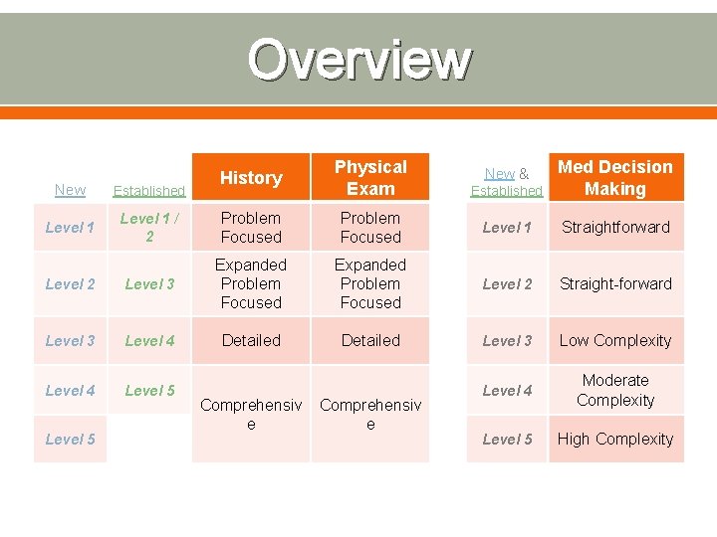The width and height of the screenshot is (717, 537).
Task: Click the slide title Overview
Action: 358,59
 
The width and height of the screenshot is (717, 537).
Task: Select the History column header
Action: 251,178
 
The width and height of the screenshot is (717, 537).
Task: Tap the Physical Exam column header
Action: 370,178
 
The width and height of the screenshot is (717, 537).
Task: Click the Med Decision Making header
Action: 615,178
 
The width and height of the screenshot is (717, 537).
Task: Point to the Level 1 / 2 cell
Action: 149,228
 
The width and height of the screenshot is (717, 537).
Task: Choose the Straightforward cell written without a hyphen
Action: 615,228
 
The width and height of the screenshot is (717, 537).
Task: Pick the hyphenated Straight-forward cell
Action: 615,284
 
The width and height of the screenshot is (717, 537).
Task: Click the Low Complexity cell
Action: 615,341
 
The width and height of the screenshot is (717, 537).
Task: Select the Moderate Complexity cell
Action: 615,391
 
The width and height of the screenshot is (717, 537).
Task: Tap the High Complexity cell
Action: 615,440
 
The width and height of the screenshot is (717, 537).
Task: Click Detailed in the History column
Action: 251,341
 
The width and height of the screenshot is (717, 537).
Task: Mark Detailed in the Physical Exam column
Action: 370,341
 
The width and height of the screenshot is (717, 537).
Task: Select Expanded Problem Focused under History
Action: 251,284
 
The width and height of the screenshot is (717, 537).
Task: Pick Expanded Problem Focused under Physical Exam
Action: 370,284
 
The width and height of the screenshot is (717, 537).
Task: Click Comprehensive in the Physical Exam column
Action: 370,415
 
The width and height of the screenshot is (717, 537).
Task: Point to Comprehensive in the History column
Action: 251,415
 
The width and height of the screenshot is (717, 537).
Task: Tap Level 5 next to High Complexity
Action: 507,440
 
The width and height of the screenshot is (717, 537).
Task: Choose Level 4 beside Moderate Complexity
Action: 507,391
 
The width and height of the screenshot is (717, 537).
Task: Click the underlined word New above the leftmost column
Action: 70,190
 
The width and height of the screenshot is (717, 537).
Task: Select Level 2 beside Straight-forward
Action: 507,284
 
